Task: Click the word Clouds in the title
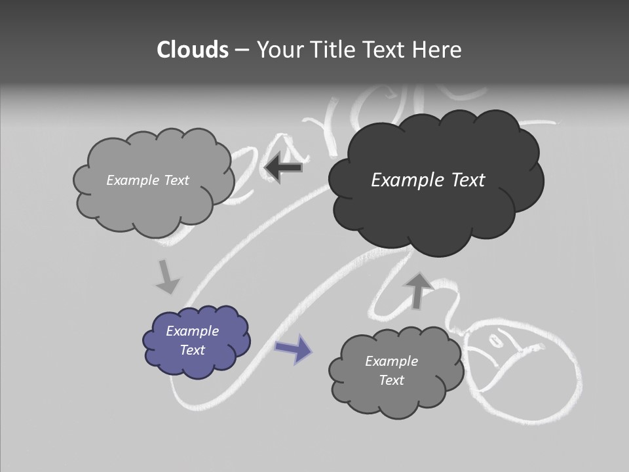(x=193, y=50)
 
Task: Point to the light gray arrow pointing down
(x=166, y=277)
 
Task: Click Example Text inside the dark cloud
(x=428, y=180)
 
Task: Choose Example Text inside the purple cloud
(x=192, y=340)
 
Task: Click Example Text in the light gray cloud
(x=147, y=180)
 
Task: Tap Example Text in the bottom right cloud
(x=391, y=370)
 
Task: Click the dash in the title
(x=242, y=50)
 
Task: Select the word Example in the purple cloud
(x=192, y=331)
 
